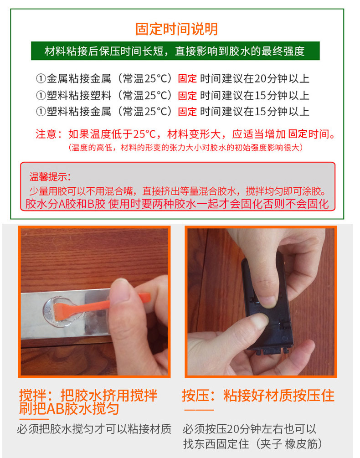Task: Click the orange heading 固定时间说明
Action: [x=176, y=29]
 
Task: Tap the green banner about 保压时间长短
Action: [x=175, y=51]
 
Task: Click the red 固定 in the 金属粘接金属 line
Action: [x=187, y=78]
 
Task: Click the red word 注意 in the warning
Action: [x=45, y=134]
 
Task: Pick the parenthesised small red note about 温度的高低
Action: [x=185, y=148]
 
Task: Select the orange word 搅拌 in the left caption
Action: [x=33, y=395]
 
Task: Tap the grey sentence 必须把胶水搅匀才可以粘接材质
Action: [x=94, y=429]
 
